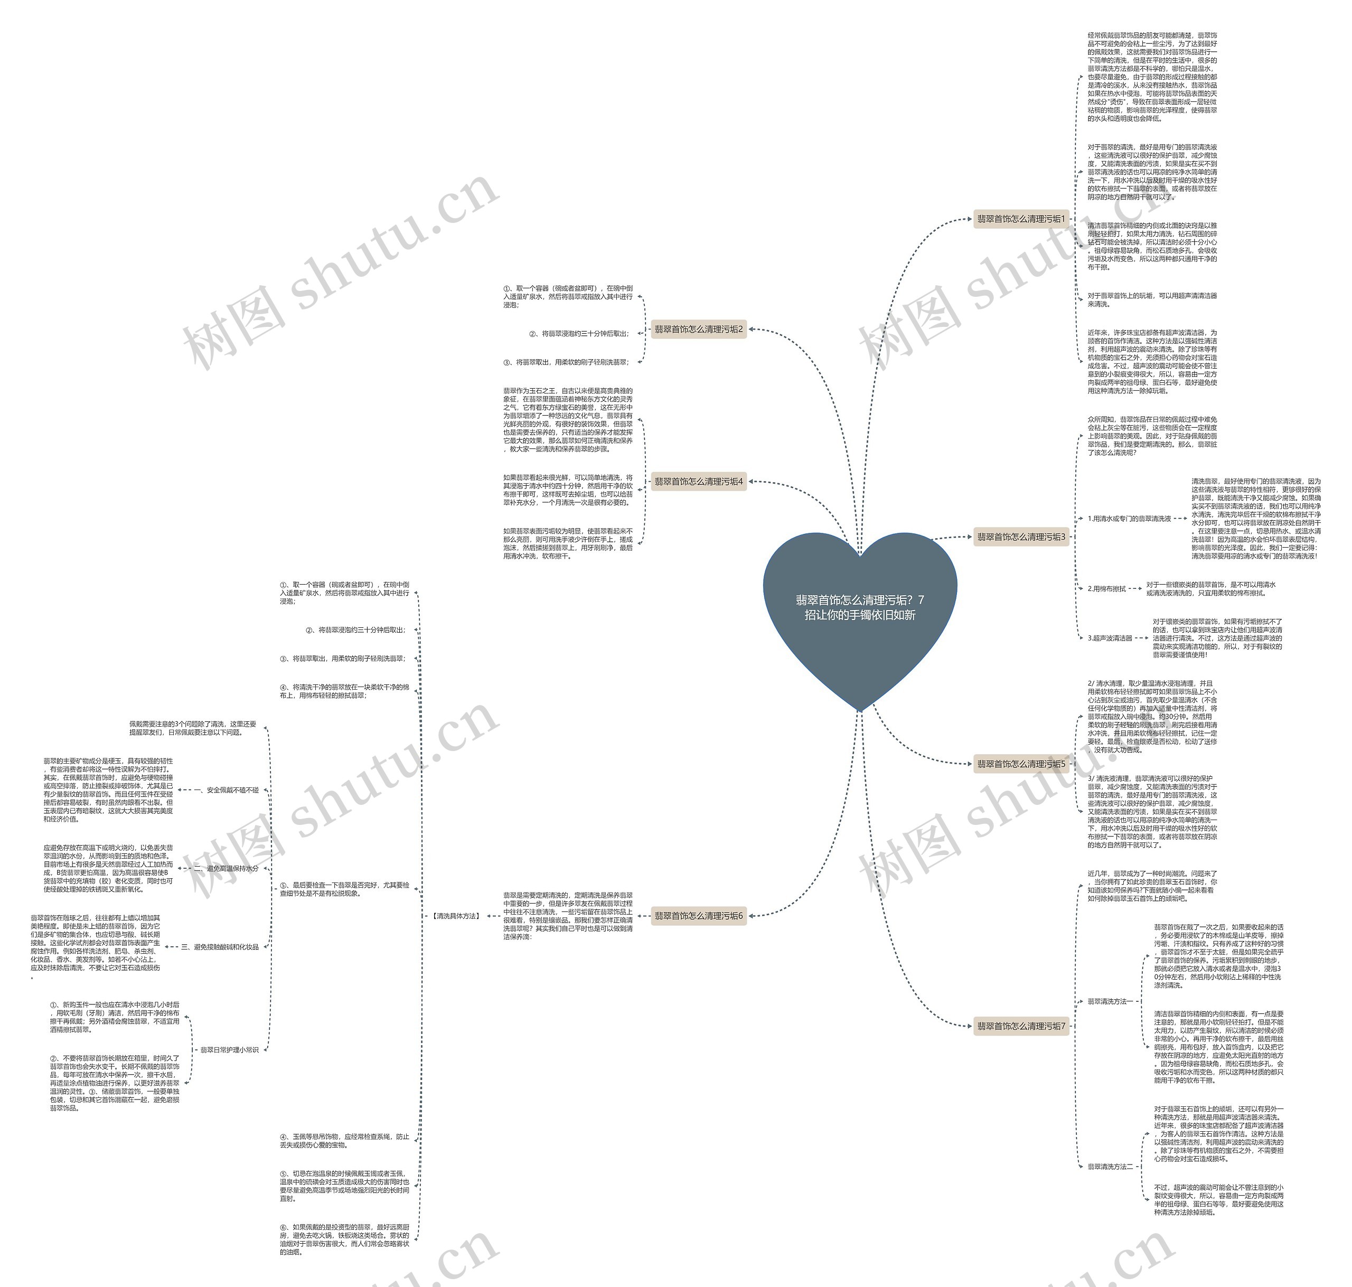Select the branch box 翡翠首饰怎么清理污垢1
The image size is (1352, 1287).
[x=1021, y=219]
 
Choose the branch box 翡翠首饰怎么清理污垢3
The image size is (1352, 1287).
[x=1021, y=537]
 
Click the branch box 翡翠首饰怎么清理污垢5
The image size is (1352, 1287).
[x=1021, y=764]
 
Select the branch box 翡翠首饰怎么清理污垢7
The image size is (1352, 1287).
[x=1021, y=1026]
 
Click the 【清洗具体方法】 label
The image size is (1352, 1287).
[x=456, y=916]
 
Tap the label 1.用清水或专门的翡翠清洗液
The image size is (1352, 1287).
[x=1129, y=519]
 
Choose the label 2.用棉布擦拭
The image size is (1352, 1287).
[x=1106, y=589]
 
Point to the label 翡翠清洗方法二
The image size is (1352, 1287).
[x=1111, y=1166]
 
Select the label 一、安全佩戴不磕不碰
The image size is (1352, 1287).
[x=227, y=790]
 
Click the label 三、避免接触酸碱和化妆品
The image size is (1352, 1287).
[x=220, y=947]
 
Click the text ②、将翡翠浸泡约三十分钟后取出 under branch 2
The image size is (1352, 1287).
[x=578, y=333]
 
